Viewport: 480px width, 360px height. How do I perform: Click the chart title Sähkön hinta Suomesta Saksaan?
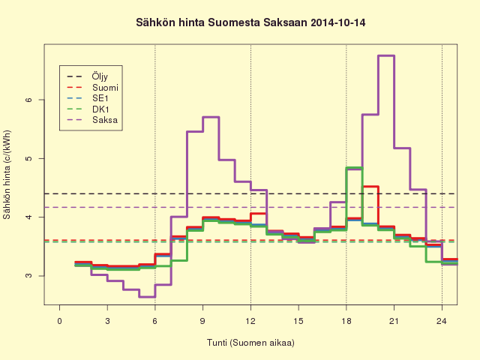pos(222,23)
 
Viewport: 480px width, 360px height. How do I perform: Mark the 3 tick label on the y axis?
pos(28,275)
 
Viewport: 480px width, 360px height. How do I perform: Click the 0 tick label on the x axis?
pos(59,321)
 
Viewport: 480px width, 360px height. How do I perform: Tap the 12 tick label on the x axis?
pos(250,321)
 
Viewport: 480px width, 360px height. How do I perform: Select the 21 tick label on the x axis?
pos(394,321)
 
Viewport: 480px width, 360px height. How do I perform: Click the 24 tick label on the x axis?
pos(442,321)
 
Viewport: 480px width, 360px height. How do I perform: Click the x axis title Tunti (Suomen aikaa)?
pos(250,343)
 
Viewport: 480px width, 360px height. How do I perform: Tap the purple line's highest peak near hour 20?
pos(386,55)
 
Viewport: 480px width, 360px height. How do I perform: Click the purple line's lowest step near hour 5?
pos(147,297)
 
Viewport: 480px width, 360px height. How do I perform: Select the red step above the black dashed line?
pos(370,187)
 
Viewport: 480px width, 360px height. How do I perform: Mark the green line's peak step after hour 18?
pos(354,168)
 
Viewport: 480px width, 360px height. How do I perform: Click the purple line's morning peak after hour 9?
pos(211,117)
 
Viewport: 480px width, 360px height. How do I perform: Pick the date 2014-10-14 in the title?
pos(338,23)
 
